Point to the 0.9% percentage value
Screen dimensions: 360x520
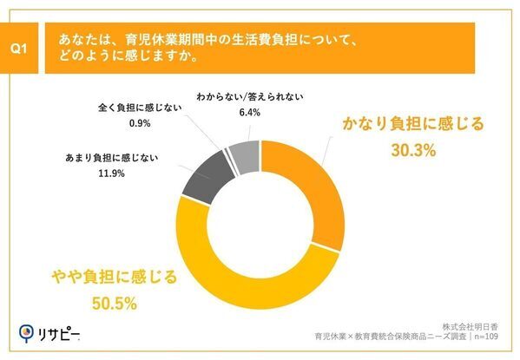141,123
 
